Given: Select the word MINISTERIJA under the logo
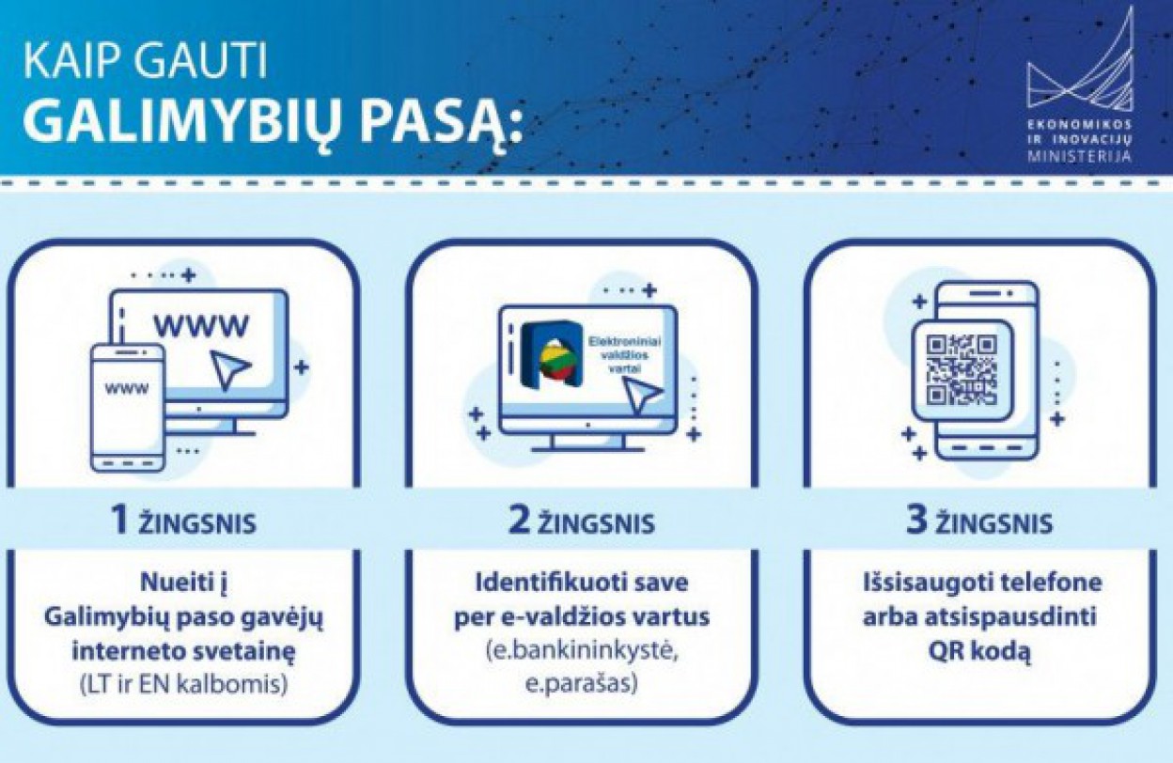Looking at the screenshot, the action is pyautogui.click(x=1080, y=156).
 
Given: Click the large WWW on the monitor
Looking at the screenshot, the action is pyautogui.click(x=200, y=326).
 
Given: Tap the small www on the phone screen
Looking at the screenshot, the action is pyautogui.click(x=127, y=389).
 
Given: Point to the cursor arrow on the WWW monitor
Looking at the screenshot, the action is pyautogui.click(x=228, y=369).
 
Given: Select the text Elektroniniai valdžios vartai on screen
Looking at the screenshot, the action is pyautogui.click(x=625, y=355).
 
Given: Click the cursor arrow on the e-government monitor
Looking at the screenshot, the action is pyautogui.click(x=641, y=396).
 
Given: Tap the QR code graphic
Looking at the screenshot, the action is pyautogui.click(x=962, y=369).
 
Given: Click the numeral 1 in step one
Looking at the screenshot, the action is pyautogui.click(x=121, y=521).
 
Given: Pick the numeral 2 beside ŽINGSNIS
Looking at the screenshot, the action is pyautogui.click(x=519, y=521).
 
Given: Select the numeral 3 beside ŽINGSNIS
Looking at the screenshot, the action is pyautogui.click(x=917, y=521).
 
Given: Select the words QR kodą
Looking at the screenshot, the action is pyautogui.click(x=979, y=652).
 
